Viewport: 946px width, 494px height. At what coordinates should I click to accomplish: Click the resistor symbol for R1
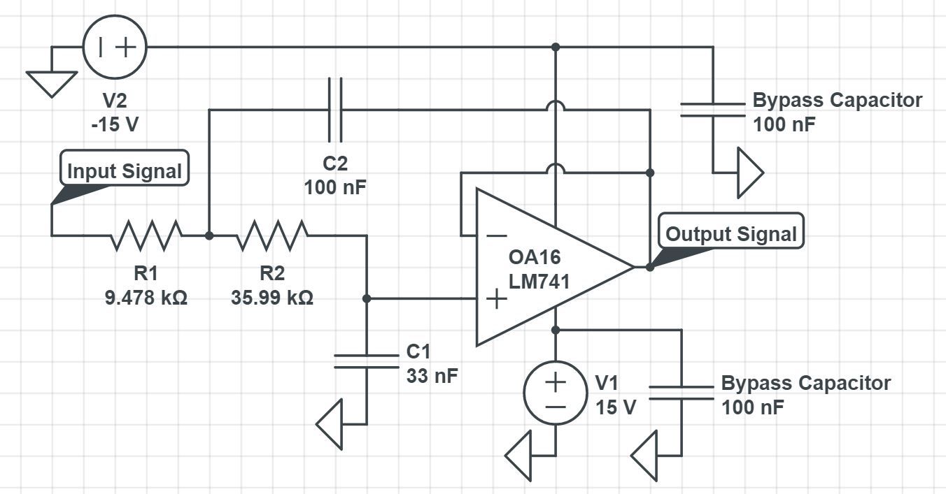[146, 235]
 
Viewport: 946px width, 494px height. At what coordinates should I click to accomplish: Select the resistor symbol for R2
[272, 235]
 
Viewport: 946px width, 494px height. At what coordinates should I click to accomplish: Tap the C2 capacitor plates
[335, 110]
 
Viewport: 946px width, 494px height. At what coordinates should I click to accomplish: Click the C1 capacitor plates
[366, 361]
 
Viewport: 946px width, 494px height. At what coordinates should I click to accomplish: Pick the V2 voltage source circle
[114, 47]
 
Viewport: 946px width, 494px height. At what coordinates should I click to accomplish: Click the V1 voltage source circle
[556, 393]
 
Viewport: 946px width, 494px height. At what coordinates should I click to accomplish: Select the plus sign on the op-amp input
[496, 299]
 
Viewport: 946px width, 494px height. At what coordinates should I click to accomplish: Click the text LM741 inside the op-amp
[539, 282]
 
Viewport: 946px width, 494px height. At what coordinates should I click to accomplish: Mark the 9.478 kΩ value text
[146, 298]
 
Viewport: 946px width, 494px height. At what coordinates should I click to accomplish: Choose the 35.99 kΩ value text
[272, 298]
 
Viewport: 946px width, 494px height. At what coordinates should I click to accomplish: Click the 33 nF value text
[432, 376]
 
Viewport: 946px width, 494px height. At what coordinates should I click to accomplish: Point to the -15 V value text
[115, 126]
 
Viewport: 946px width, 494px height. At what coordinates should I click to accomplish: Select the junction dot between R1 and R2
[209, 235]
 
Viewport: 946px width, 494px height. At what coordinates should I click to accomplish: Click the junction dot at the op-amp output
[650, 267]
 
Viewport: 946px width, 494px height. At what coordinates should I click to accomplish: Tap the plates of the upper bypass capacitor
[713, 110]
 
